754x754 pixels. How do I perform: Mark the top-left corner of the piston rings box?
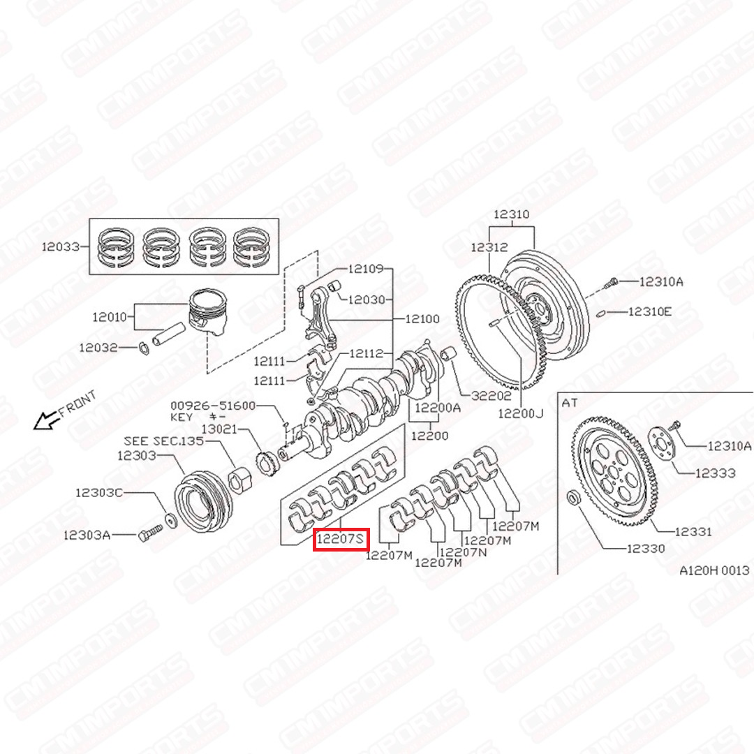(89, 219)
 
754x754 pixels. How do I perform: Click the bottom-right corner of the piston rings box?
(279, 274)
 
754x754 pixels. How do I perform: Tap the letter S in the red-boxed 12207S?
(359, 539)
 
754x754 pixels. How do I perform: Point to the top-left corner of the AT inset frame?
(558, 392)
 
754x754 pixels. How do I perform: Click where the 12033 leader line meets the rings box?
(89, 246)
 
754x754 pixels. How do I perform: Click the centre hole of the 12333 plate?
(662, 444)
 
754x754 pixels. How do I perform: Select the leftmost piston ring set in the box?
(116, 247)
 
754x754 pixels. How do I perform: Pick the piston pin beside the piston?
(168, 334)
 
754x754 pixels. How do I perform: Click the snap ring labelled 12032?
(143, 348)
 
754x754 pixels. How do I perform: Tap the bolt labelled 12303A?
(151, 533)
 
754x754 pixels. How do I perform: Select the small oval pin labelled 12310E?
(600, 313)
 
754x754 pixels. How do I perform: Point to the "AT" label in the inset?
(570, 403)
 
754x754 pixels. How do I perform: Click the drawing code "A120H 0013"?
(714, 570)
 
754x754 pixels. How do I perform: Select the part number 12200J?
(521, 413)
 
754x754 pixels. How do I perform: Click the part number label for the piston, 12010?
(110, 317)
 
